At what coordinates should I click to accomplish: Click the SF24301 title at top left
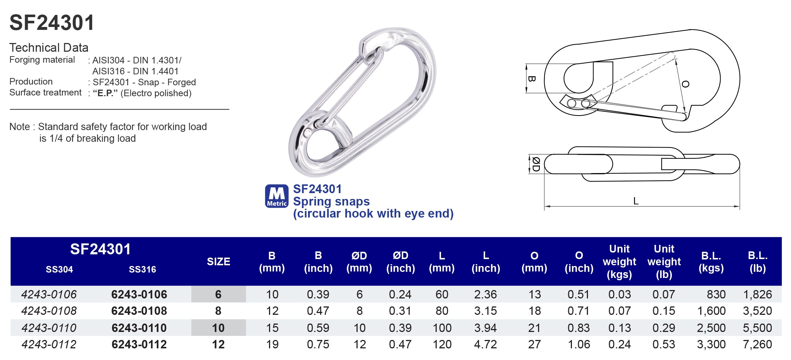(52, 23)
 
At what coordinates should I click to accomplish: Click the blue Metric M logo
(277, 196)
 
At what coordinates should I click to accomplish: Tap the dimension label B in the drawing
(531, 79)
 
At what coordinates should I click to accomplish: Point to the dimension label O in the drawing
(685, 84)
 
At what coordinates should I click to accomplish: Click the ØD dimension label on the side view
(535, 164)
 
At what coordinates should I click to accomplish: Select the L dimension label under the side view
(636, 201)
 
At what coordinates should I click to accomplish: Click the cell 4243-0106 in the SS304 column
(49, 294)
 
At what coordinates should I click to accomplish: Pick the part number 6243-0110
(139, 328)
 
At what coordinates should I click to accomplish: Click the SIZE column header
(218, 262)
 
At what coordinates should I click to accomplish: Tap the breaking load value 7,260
(757, 344)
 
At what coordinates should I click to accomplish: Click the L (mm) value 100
(442, 328)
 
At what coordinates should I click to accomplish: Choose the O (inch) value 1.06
(578, 344)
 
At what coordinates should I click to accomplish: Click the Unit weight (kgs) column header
(619, 262)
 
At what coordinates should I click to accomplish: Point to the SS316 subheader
(142, 270)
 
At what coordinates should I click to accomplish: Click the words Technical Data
(49, 48)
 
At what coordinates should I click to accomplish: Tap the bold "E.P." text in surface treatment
(105, 93)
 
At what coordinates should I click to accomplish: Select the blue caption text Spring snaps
(331, 201)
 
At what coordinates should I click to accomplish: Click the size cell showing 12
(218, 344)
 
